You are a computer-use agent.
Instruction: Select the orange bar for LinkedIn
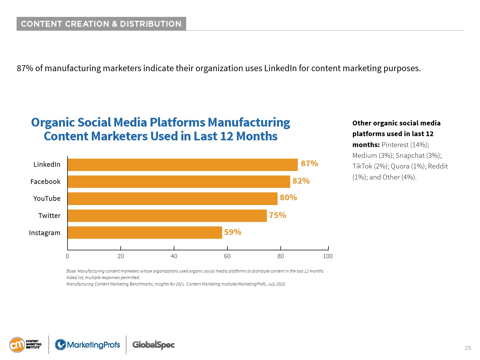[x=182, y=165]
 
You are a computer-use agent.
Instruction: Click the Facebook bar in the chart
[x=179, y=182]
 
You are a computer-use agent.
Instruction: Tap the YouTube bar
[x=172, y=199]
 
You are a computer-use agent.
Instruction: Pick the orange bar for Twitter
[x=167, y=216]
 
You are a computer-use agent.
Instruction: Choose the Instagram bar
[x=145, y=233]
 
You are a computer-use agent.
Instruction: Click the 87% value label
[x=309, y=163]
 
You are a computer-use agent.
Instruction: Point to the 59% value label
[x=233, y=232]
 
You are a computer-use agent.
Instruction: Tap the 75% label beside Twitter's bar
[x=278, y=215]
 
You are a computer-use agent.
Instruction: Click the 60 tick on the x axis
[x=227, y=256]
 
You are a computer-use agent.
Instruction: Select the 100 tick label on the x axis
[x=328, y=256]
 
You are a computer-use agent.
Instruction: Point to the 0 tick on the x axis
[x=67, y=256]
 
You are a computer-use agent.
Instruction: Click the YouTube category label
[x=47, y=199]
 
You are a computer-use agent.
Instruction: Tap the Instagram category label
[x=45, y=233]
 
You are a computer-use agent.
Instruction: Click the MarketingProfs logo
[x=87, y=345]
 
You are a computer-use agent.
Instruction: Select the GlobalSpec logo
[x=154, y=345]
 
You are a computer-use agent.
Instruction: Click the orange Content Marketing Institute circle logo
[x=17, y=345]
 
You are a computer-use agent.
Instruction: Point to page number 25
[x=468, y=348]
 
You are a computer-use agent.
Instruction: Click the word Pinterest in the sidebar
[x=395, y=145]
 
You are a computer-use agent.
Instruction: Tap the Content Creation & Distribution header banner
[x=101, y=24]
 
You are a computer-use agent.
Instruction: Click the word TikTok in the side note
[x=362, y=166]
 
